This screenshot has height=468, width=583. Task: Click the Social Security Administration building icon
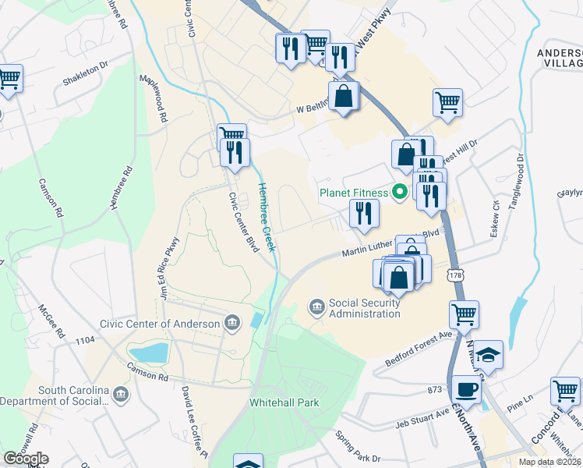click(x=317, y=306)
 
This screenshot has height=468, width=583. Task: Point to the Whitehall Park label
click(x=284, y=403)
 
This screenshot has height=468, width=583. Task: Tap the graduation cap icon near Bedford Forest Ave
click(x=489, y=354)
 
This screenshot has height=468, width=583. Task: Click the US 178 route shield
click(x=457, y=276)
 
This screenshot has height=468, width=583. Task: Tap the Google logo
click(x=26, y=459)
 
